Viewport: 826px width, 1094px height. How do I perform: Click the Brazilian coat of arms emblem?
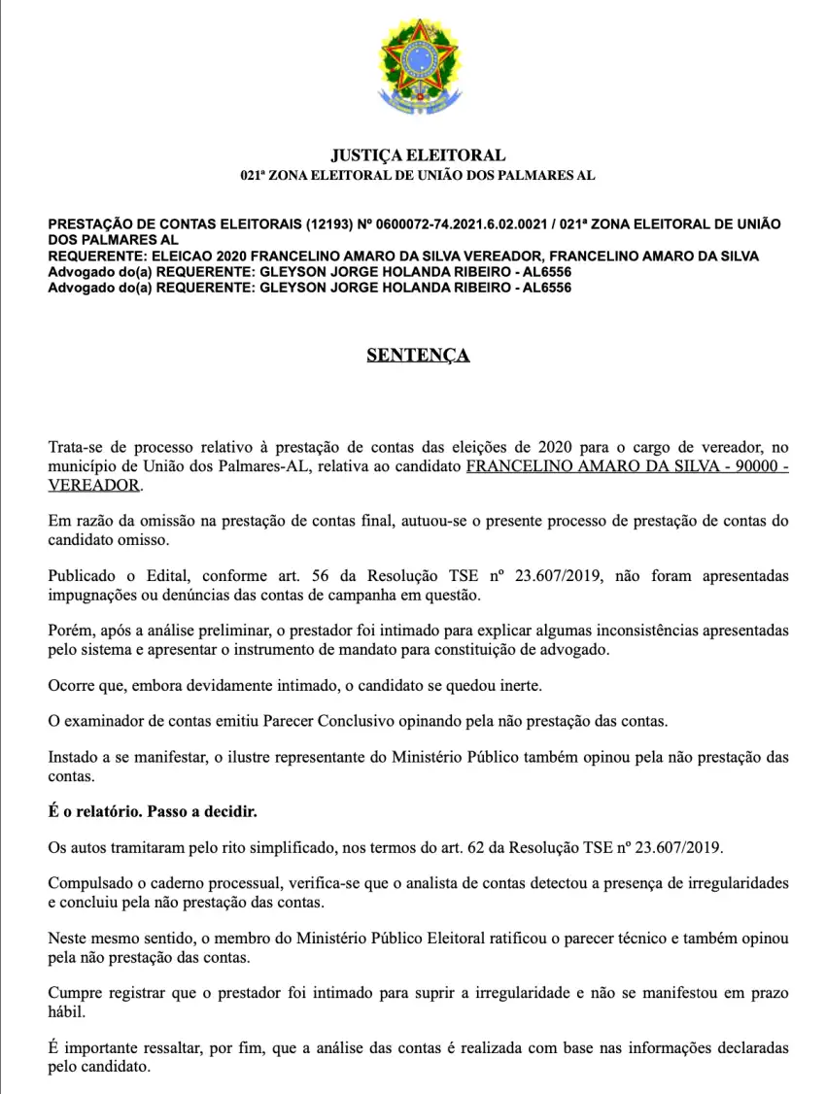pos(418,68)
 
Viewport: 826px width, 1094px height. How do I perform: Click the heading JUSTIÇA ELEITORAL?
pos(418,154)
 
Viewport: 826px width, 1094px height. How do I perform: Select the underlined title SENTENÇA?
pos(418,356)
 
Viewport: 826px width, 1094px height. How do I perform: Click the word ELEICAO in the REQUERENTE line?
pos(176,256)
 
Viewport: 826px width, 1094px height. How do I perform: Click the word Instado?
pos(73,756)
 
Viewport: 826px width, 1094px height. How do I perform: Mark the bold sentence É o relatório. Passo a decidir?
pos(153,810)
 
